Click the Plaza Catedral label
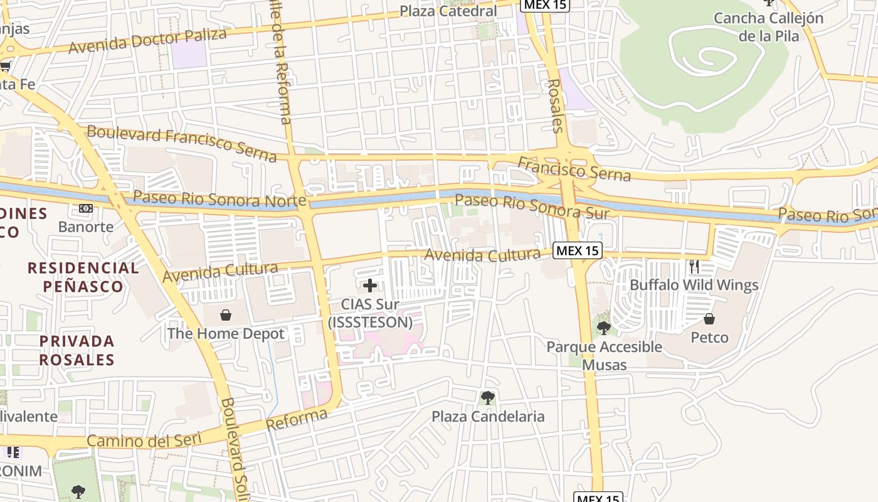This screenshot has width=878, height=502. (x=448, y=11)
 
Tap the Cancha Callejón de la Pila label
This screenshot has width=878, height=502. (x=768, y=27)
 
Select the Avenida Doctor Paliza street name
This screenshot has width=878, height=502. (x=147, y=41)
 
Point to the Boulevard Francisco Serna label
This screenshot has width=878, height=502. (x=181, y=143)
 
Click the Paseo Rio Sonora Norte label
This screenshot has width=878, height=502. (x=219, y=199)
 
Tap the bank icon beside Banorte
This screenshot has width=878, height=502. (x=86, y=208)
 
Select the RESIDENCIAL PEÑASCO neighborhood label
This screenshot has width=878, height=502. (x=83, y=277)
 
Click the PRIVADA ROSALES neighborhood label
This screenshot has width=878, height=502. (x=77, y=350)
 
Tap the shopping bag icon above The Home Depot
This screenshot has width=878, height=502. (x=226, y=314)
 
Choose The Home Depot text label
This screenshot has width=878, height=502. (x=226, y=334)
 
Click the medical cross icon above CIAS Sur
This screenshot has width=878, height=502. (x=370, y=286)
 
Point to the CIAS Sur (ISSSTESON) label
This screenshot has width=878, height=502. (x=370, y=313)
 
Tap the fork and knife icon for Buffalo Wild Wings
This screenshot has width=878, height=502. (x=694, y=267)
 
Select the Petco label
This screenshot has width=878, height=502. (x=709, y=338)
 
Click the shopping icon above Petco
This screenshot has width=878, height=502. (x=709, y=319)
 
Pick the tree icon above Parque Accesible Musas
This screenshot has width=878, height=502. (x=604, y=328)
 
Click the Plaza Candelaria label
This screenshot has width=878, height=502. (x=488, y=417)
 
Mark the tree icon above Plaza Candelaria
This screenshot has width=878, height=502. (x=487, y=397)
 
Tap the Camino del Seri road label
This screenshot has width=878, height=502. (x=144, y=440)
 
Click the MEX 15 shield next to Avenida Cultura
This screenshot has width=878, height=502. (x=578, y=251)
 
